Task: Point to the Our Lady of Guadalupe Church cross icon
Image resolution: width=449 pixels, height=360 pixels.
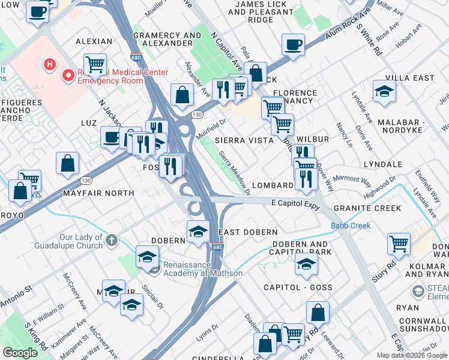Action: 110,241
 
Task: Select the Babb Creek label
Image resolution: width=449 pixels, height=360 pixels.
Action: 351,226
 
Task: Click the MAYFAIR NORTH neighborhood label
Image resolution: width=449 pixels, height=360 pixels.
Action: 106,193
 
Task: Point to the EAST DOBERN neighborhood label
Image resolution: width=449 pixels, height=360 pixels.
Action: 248,232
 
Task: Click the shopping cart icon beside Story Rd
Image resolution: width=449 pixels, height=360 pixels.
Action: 399,244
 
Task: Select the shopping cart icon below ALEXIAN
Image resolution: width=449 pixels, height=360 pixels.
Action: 95,64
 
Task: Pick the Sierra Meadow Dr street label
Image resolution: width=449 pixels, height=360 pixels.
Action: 234,173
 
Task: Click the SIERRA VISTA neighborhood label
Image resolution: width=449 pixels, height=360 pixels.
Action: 244,140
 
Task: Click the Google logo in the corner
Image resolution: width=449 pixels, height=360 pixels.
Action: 20,353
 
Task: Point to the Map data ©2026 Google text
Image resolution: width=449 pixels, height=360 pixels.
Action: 411,355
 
